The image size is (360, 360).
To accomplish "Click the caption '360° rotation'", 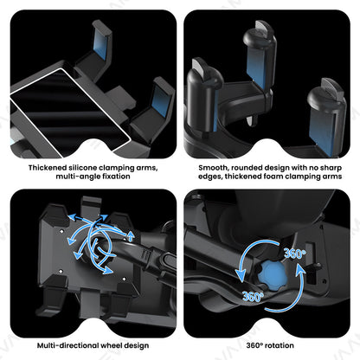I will click(269, 344).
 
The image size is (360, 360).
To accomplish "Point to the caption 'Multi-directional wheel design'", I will click(89, 344).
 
